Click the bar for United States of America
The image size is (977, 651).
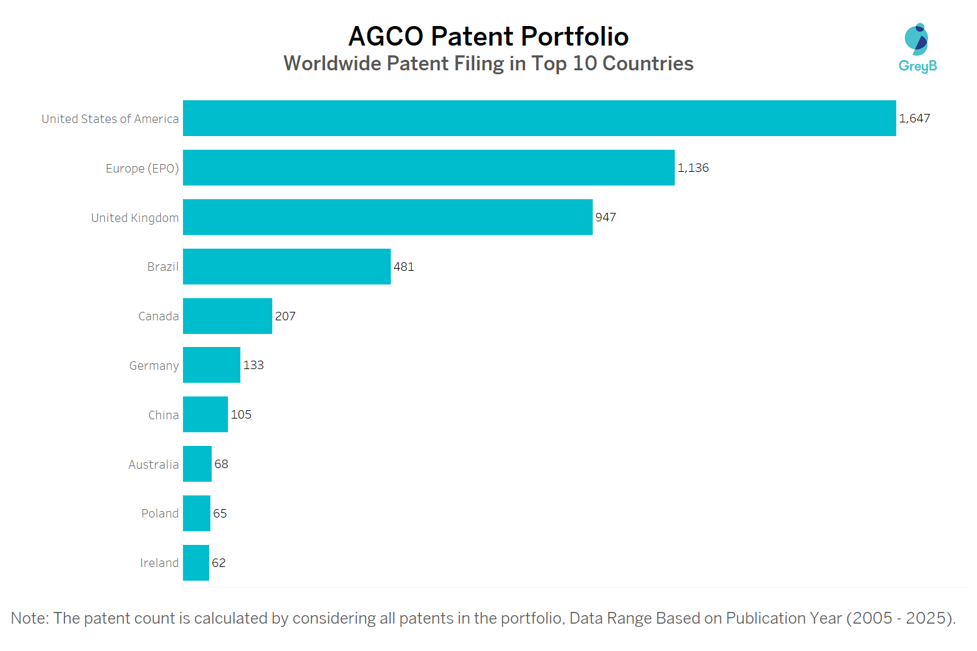pos(539,118)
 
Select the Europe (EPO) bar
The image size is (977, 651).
pos(429,168)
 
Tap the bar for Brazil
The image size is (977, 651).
pos(287,267)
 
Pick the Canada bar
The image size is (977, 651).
pos(227,316)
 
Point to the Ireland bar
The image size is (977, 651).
pos(196,563)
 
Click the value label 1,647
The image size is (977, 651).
pos(914,118)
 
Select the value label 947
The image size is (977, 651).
pos(606,217)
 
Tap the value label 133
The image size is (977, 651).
pos(253,365)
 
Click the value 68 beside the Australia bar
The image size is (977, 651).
pos(221,464)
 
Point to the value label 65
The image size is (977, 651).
pos(220,514)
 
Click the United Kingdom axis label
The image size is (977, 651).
pos(135,218)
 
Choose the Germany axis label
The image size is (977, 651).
pos(154,366)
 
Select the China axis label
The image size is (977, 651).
pos(163,415)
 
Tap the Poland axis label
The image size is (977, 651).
pos(160,514)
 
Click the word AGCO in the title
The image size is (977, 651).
pos(386,36)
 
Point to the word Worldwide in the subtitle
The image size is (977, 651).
pos(332,64)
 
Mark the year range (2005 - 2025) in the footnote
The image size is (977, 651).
pos(901,618)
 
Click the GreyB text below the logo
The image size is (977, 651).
pos(918,66)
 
